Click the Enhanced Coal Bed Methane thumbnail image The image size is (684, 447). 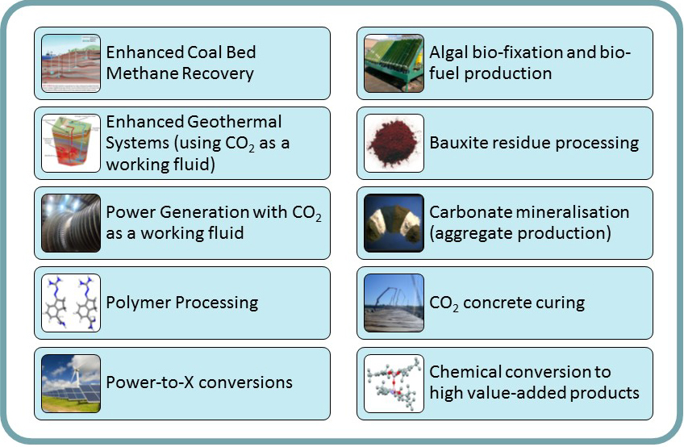[x=71, y=63]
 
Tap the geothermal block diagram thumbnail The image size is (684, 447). [x=71, y=143]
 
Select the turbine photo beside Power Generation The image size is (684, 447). [x=71, y=223]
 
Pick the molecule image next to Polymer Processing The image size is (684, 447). [x=71, y=303]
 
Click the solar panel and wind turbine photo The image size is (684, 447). [x=71, y=384]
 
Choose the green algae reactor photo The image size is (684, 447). [x=394, y=63]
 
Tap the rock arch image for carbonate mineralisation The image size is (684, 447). [x=394, y=223]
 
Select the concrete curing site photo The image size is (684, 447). [x=394, y=303]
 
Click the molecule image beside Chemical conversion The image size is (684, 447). [x=394, y=384]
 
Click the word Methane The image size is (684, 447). [x=141, y=73]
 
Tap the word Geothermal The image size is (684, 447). [x=235, y=121]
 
